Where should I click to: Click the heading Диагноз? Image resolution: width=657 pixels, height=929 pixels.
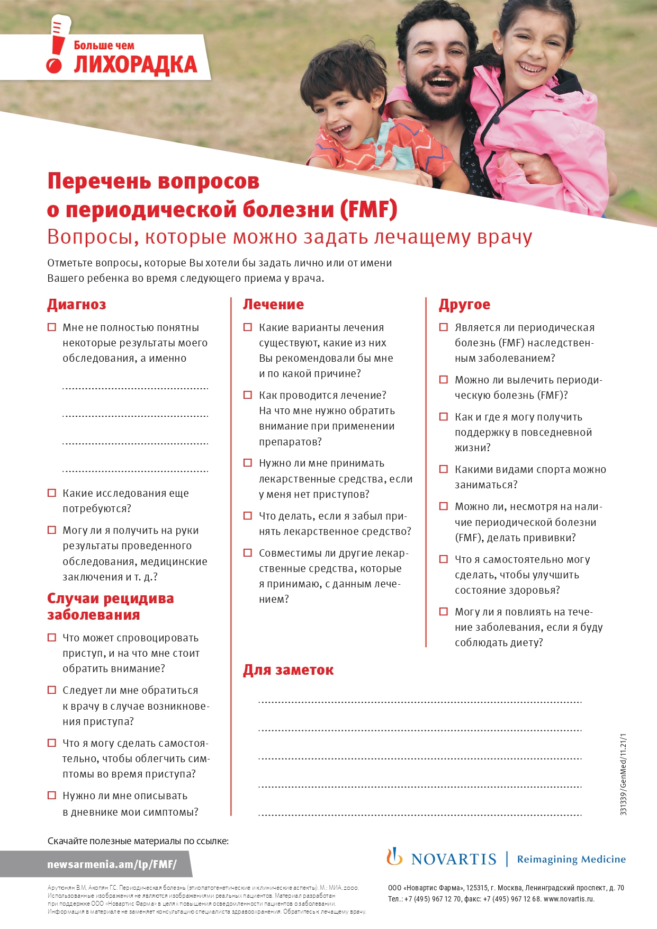[77, 305]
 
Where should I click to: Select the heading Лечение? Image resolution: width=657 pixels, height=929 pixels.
[273, 305]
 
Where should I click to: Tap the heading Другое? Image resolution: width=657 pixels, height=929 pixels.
[464, 305]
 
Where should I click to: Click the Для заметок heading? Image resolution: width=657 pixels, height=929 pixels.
[288, 670]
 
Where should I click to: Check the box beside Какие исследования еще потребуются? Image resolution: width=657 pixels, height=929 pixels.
[52, 493]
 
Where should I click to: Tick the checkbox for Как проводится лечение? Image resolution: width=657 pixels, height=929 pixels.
[247, 395]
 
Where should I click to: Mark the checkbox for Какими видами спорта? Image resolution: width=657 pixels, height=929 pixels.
[444, 469]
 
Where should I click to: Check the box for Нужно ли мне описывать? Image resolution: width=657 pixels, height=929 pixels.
[52, 796]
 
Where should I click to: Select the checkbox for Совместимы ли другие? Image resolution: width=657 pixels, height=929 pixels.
[247, 553]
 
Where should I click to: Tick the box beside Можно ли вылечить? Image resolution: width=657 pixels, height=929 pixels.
[444, 380]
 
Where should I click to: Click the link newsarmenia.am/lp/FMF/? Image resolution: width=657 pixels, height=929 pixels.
[112, 864]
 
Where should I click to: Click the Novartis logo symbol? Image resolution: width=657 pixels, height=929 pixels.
[394, 856]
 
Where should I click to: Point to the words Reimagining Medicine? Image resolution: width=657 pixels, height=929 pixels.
[571, 859]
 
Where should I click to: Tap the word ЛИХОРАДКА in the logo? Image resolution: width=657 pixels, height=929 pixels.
[135, 65]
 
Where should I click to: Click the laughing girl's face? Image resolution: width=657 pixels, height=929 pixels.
[529, 53]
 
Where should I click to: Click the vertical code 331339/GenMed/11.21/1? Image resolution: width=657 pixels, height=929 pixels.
[623, 774]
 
